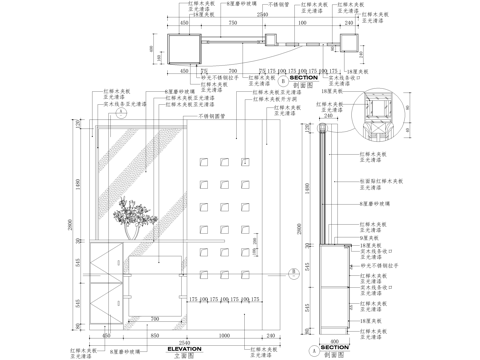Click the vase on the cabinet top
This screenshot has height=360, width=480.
pos(132,231)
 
